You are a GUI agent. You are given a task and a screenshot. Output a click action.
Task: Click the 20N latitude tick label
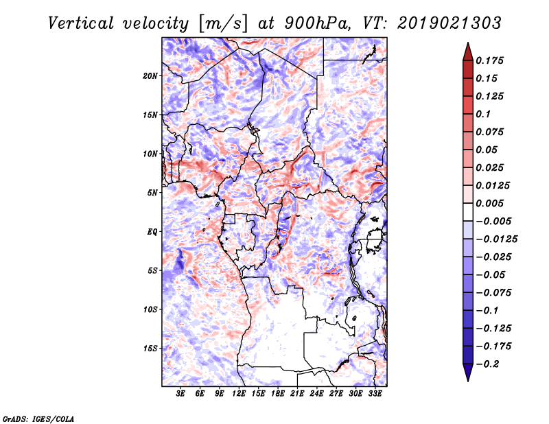150,76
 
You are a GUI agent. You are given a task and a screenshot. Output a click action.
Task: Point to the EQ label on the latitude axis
152,232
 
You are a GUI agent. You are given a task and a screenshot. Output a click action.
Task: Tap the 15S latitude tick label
150,349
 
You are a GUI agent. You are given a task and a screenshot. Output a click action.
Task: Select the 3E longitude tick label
180,394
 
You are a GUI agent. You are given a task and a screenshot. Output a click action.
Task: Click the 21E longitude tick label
297,394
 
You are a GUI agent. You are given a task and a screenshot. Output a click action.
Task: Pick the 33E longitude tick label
375,394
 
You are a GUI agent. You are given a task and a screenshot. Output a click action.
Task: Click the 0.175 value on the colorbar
489,60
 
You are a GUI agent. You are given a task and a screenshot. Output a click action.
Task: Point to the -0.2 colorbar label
487,364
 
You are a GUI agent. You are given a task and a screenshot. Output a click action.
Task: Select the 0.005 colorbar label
489,203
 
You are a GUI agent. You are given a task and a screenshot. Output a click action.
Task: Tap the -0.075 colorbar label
493,293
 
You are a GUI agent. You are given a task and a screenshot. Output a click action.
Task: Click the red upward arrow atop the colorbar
468,51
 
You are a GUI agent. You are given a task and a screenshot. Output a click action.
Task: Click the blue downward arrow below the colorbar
468,373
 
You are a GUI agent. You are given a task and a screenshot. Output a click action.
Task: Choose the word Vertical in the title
81,23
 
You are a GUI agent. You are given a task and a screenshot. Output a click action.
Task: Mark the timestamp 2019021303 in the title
449,23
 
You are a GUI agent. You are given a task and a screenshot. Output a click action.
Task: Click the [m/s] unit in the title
223,24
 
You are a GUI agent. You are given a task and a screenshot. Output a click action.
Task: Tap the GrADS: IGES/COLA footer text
38,419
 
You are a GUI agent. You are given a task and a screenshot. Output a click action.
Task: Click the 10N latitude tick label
150,154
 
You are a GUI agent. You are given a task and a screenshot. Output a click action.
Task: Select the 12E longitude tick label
238,394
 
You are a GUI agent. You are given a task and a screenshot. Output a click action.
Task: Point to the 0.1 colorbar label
483,114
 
